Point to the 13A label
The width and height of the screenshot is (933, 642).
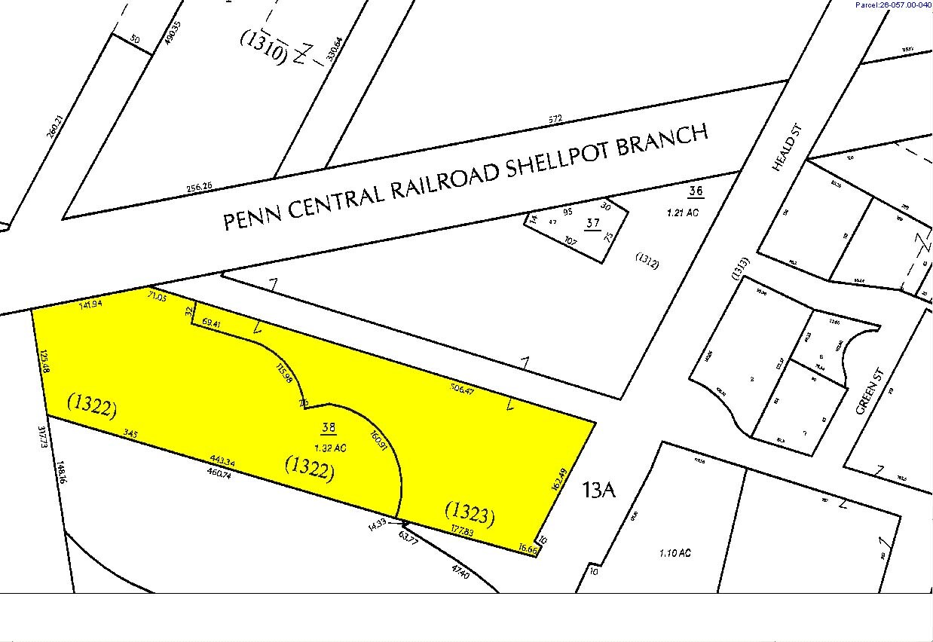pyautogui.click(x=599, y=491)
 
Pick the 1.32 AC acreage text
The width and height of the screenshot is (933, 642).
pyautogui.click(x=329, y=448)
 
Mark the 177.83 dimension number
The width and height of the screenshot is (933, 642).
pyautogui.click(x=462, y=531)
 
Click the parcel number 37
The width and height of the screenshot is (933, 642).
pyautogui.click(x=593, y=223)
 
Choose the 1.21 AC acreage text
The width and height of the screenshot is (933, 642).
pyautogui.click(x=683, y=212)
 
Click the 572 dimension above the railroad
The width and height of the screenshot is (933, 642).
pyautogui.click(x=555, y=119)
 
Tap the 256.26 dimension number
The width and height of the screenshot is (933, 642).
pyautogui.click(x=200, y=187)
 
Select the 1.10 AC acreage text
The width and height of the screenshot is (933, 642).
pyautogui.click(x=675, y=553)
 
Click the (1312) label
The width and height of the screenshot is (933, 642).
pyautogui.click(x=648, y=263)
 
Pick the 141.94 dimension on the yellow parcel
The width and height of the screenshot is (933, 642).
pyautogui.click(x=92, y=305)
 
